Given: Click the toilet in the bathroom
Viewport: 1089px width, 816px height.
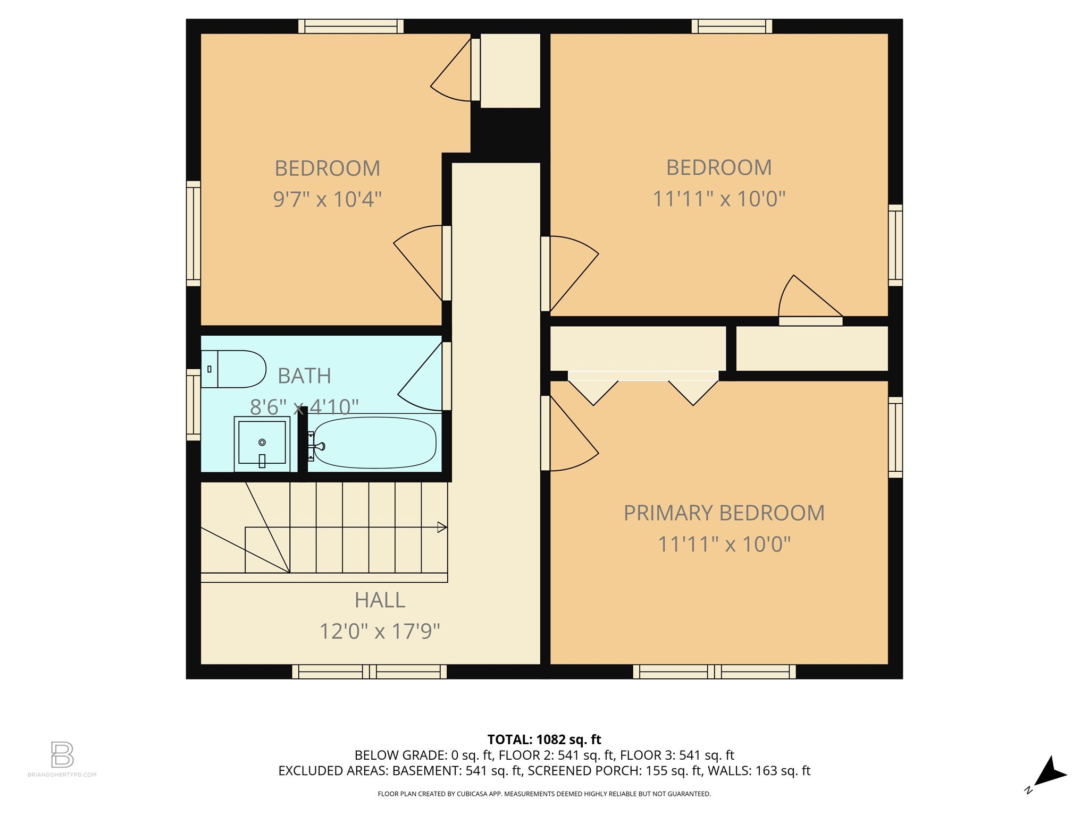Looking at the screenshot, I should click(234, 369).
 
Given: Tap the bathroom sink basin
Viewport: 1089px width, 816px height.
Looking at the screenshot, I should click(262, 443).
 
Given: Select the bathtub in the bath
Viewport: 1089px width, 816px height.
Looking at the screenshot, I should click(375, 443).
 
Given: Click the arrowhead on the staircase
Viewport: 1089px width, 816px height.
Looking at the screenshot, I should click(441, 527).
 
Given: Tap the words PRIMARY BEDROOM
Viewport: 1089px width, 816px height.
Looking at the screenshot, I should click(724, 513).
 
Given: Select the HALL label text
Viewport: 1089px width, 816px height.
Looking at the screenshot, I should click(380, 600).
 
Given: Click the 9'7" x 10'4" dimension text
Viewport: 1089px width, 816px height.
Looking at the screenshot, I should click(327, 200).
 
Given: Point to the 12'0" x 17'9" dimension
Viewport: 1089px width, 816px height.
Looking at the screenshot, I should click(380, 632).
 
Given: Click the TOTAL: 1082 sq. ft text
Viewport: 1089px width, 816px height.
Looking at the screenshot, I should click(544, 739).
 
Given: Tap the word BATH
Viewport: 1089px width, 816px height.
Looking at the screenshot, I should click(304, 376).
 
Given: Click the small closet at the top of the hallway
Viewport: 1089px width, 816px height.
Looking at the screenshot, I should click(510, 70).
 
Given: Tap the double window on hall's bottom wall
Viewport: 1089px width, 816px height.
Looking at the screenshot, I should click(370, 672).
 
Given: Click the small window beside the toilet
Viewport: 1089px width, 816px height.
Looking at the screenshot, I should click(193, 405).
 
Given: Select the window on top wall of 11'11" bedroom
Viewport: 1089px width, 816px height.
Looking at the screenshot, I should click(732, 26).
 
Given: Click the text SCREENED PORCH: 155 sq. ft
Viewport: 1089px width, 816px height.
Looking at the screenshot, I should click(615, 771).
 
